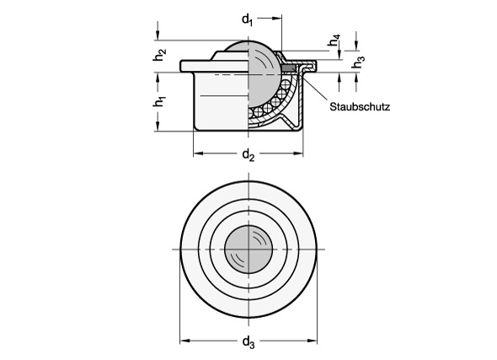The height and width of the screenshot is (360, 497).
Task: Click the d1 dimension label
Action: tap(248, 20)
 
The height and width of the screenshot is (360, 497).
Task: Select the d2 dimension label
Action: tap(248, 155)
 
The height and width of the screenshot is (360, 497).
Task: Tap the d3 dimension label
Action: tap(248, 342)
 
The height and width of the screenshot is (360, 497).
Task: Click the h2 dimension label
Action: tap(159, 55)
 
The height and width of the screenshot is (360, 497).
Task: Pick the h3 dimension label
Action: tap(358, 62)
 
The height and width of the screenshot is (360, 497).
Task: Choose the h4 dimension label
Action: tap(334, 40)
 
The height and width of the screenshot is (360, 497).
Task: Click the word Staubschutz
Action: tap(360, 107)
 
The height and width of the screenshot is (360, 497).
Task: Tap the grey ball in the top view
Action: tap(248, 250)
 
